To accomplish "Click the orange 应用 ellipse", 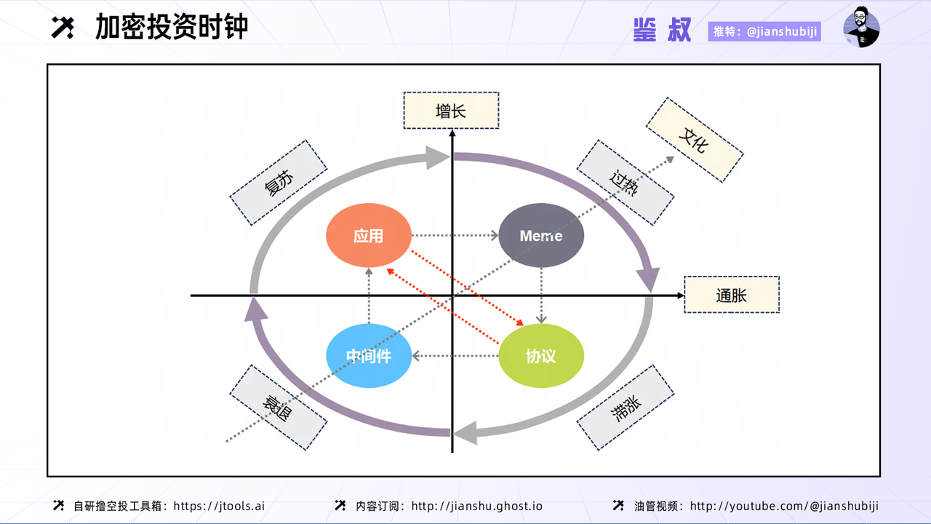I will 368,236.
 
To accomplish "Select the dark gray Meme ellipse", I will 541,236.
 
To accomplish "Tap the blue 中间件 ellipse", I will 368,356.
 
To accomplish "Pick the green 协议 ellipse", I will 541,356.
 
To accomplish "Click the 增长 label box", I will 451,111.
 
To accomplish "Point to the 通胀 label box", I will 731,295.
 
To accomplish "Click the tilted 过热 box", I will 625,183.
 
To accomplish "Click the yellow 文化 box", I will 694,140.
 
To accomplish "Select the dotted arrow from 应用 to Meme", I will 455,236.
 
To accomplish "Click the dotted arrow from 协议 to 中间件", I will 455,356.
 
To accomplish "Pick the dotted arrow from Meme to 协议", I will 541,295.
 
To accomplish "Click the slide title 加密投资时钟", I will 172,27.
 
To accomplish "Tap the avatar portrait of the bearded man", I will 861,28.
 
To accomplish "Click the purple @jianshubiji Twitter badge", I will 764,32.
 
